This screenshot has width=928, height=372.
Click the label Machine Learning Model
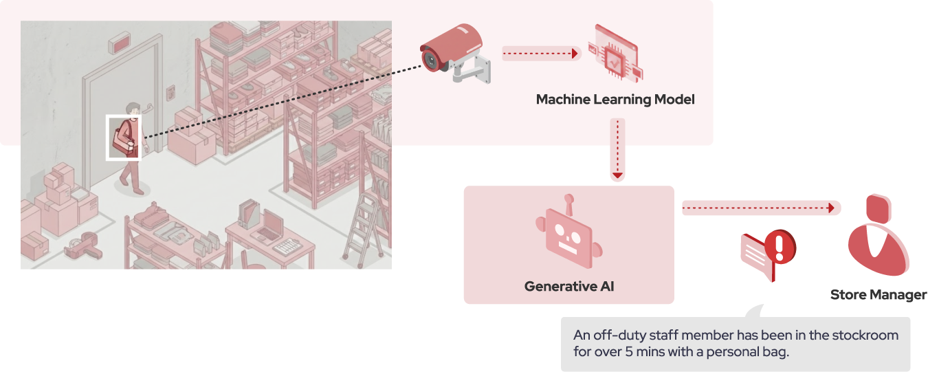(615, 100)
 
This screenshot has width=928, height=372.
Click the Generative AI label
(568, 286)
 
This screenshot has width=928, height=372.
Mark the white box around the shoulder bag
(123, 138)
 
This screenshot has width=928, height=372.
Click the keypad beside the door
(170, 91)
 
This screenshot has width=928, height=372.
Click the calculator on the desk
(287, 245)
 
